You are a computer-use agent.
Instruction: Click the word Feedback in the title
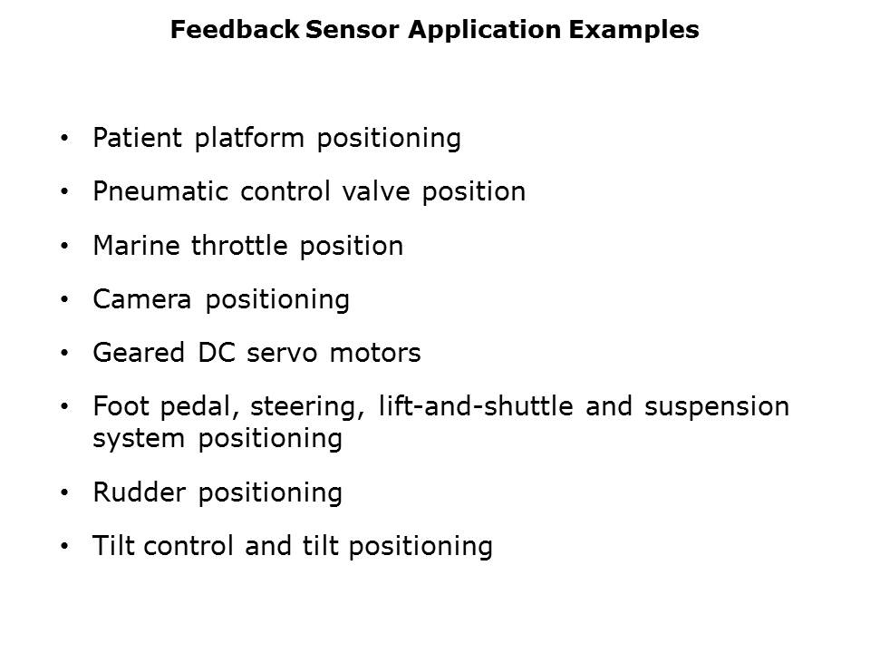235,29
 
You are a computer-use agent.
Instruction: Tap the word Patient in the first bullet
137,138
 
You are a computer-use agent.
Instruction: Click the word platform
249,139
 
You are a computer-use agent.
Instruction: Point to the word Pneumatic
160,191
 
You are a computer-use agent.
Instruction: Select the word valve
376,191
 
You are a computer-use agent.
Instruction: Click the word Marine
137,246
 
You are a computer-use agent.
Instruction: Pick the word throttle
239,246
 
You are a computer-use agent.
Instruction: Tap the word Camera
142,299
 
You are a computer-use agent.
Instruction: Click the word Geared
139,353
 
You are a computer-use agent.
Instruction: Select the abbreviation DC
217,353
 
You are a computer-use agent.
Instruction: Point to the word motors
375,353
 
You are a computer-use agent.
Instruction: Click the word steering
307,407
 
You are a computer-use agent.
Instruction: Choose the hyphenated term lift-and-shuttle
476,406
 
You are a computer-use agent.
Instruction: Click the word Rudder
140,492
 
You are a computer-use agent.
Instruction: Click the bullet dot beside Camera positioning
65,300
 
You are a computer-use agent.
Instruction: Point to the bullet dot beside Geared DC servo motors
65,354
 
